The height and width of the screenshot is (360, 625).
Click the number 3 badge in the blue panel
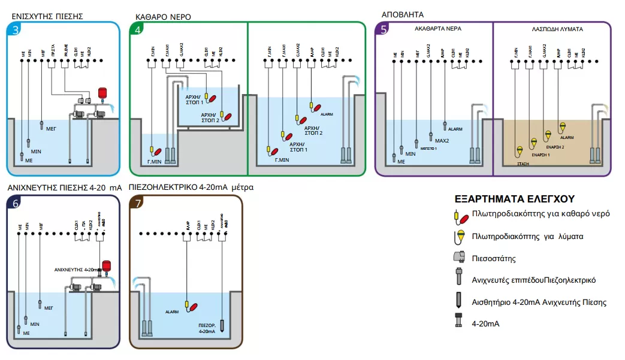[x=14, y=30]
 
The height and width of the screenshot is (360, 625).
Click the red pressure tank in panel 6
[x=107, y=266]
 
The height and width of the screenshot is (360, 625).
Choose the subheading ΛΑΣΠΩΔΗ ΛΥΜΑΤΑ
[x=557, y=28]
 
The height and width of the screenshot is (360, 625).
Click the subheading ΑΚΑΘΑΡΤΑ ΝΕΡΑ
[x=438, y=28]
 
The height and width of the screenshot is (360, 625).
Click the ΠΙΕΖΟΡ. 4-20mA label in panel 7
[x=207, y=328]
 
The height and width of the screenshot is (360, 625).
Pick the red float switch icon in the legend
[x=460, y=214]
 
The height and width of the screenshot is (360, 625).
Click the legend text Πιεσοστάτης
[x=495, y=259]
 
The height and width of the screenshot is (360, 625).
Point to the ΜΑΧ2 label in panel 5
[x=441, y=140]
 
